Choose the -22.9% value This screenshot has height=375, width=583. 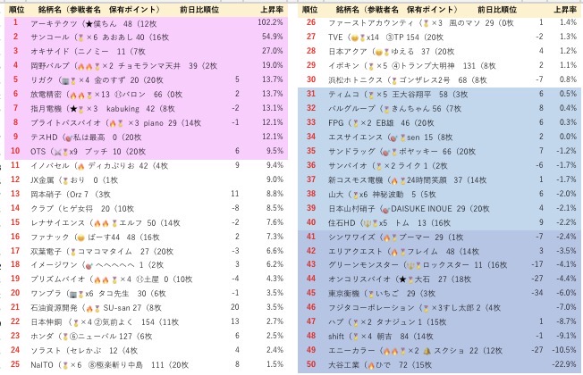[562, 366]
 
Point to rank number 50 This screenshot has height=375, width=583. [310, 366]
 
